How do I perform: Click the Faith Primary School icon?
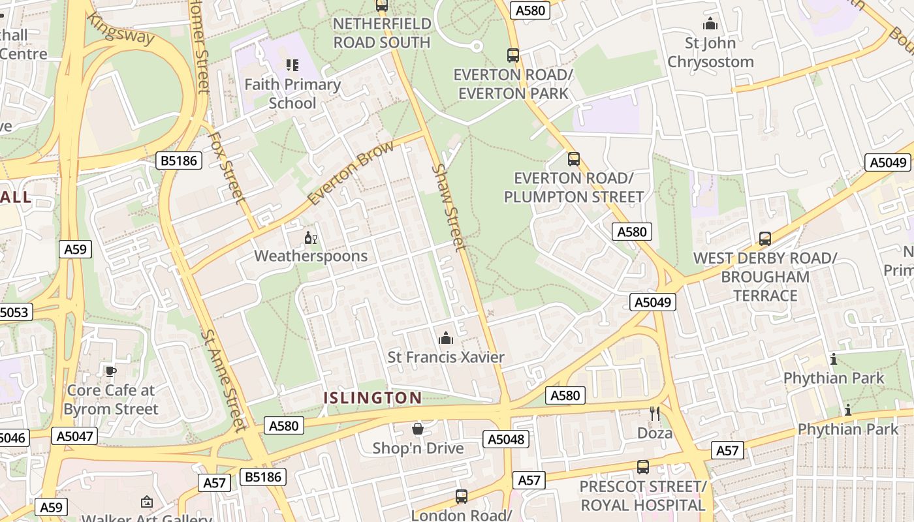[x=292, y=65]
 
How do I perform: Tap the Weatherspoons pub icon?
[x=311, y=238]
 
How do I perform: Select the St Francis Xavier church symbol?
[x=446, y=338]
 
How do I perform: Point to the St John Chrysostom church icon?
[x=710, y=24]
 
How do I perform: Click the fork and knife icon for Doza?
[x=655, y=413]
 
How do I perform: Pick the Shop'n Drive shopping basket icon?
[x=418, y=429]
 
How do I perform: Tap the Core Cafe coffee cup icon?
[x=111, y=371]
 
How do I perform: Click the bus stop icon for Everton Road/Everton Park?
[x=513, y=55]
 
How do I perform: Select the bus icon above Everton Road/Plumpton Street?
[x=573, y=159]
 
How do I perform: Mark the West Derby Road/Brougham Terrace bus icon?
[x=764, y=239]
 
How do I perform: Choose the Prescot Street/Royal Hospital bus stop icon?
[x=642, y=467]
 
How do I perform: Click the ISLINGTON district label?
[x=373, y=397]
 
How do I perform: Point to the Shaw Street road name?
[x=450, y=207]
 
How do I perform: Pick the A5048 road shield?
[x=507, y=439]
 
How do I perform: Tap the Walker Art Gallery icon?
[x=147, y=502]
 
